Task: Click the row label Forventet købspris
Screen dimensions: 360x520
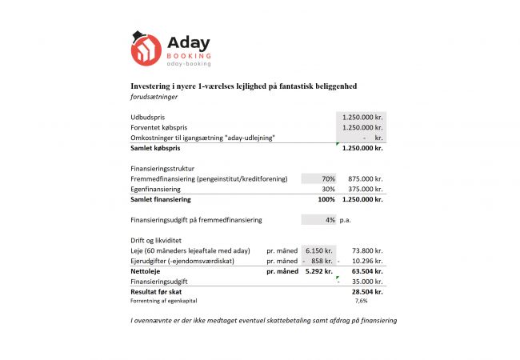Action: tap(161, 127)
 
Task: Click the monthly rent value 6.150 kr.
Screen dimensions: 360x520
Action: tap(318, 251)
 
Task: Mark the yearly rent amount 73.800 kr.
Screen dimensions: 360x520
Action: tap(366, 251)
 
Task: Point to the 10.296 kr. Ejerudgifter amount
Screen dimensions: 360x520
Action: tap(366, 262)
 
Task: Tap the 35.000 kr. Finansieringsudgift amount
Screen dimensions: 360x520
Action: tap(366, 282)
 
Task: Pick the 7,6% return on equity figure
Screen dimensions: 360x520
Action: tap(361, 302)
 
